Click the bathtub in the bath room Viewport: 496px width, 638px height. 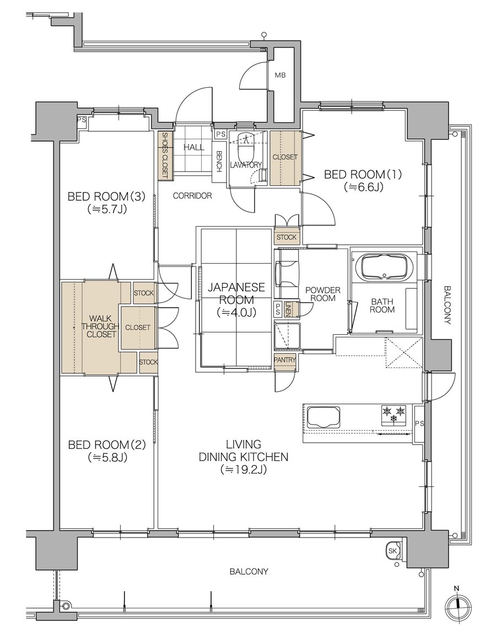(x=384, y=267)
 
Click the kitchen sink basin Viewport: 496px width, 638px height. (x=323, y=417)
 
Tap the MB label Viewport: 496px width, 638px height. (x=280, y=76)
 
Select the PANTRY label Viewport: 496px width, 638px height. (x=285, y=360)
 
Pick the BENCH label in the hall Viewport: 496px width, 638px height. (x=219, y=162)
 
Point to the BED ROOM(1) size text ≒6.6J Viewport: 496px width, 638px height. (x=364, y=187)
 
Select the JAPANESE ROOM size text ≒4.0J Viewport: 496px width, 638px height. (x=236, y=313)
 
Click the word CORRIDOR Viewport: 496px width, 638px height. (x=192, y=196)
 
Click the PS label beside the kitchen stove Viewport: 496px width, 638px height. (x=419, y=423)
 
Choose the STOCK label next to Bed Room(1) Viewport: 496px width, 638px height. (x=287, y=237)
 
